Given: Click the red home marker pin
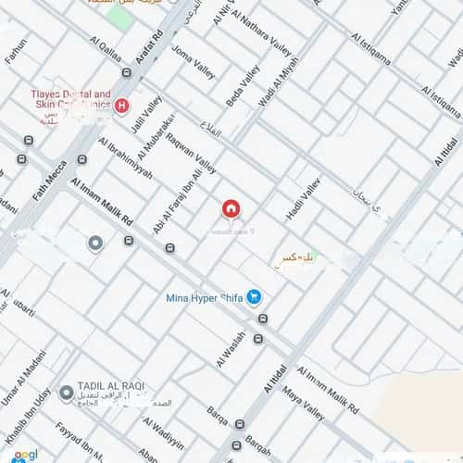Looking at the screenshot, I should (231, 208).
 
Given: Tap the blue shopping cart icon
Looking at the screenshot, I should (255, 297).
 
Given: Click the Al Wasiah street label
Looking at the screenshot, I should (231, 349).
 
